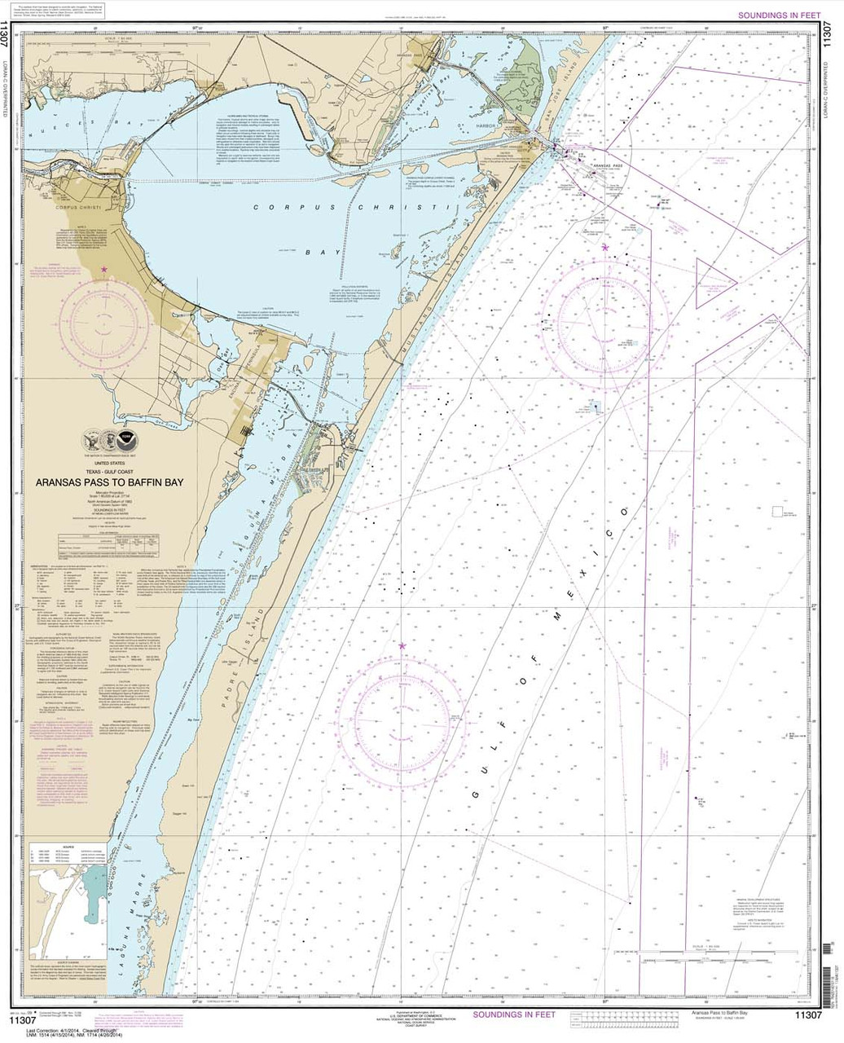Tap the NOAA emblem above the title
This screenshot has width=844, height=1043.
[x=115, y=439]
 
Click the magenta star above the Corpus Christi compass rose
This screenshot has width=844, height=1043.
[x=103, y=269]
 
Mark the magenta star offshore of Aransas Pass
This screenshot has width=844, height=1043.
[x=605, y=247]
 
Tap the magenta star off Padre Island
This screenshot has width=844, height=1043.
[x=402, y=646]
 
